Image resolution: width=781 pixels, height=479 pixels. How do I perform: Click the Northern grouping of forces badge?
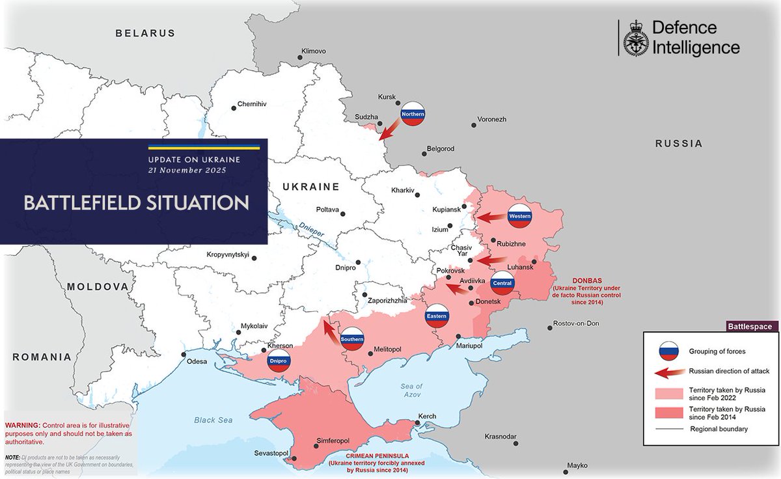(x=413, y=114)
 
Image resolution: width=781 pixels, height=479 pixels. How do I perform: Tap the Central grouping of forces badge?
(x=503, y=283)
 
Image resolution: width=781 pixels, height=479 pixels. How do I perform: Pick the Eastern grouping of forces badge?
(x=437, y=316)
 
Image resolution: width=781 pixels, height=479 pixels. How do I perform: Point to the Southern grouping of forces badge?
(x=352, y=338)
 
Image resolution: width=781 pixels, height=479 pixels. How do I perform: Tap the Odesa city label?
(x=197, y=361)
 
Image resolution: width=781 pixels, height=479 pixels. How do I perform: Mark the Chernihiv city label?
(x=253, y=103)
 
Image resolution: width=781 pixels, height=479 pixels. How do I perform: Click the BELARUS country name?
(x=146, y=33)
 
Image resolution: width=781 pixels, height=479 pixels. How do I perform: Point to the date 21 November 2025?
(x=187, y=171)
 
